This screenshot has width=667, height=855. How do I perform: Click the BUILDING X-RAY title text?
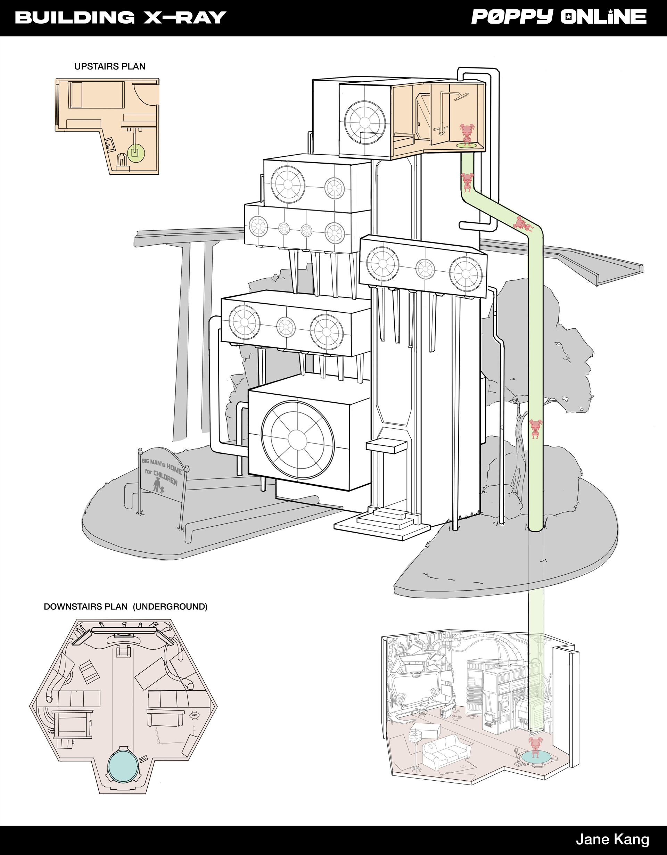point(121,18)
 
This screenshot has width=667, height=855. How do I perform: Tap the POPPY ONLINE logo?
point(559,17)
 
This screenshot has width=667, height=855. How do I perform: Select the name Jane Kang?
point(612,839)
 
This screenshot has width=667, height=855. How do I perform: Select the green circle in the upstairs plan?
point(135,151)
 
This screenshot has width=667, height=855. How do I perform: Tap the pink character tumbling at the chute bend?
point(522,224)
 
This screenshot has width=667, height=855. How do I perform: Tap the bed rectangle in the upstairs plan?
point(75,94)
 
